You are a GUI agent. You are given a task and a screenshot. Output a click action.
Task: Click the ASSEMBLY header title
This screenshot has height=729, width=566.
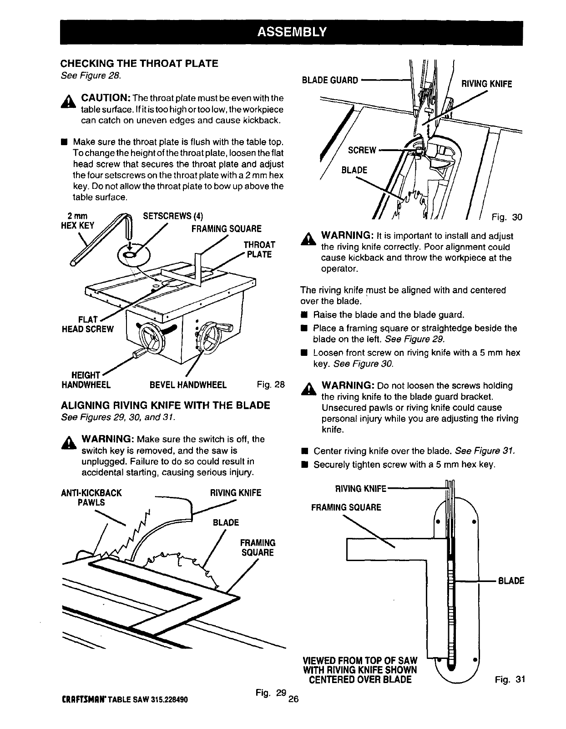tap(292, 31)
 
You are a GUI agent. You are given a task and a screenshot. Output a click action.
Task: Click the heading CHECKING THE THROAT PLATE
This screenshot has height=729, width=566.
tap(140, 63)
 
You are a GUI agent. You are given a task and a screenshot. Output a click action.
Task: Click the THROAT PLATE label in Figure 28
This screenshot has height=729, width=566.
tap(259, 249)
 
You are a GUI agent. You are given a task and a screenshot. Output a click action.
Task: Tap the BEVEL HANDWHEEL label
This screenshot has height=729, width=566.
tap(188, 385)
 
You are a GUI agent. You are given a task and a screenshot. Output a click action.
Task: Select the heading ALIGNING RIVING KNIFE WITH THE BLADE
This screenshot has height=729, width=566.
tap(166, 405)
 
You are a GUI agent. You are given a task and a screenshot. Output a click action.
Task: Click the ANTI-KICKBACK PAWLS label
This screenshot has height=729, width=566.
tap(91, 497)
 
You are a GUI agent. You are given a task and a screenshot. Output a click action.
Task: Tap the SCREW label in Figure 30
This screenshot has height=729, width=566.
tap(362, 151)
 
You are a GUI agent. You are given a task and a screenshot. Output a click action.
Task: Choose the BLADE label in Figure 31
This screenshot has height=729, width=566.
tap(511, 581)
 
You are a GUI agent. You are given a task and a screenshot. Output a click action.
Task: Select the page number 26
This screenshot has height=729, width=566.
tap(293, 699)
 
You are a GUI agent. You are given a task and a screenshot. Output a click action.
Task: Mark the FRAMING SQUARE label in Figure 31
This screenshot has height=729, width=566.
tap(346, 507)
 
